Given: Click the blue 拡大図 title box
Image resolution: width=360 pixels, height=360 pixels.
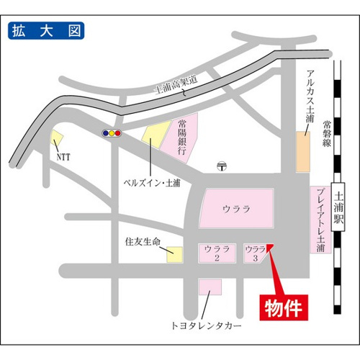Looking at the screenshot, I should [x=45, y=31].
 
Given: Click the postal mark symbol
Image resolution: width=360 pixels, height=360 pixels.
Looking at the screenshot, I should [x=222, y=166].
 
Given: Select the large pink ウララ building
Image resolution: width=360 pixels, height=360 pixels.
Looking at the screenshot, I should [x=236, y=209].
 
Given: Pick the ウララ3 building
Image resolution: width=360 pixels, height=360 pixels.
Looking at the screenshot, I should [x=256, y=253].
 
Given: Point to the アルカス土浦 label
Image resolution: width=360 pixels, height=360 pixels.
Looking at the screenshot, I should [x=309, y=94].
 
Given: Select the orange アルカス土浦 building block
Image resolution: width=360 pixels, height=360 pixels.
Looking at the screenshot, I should [x=302, y=151].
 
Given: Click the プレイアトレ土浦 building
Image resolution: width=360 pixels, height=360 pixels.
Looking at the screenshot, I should [x=320, y=220].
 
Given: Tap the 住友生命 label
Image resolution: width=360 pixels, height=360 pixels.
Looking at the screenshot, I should [x=140, y=241].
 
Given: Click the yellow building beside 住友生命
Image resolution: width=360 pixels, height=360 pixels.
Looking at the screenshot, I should [x=173, y=254].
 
